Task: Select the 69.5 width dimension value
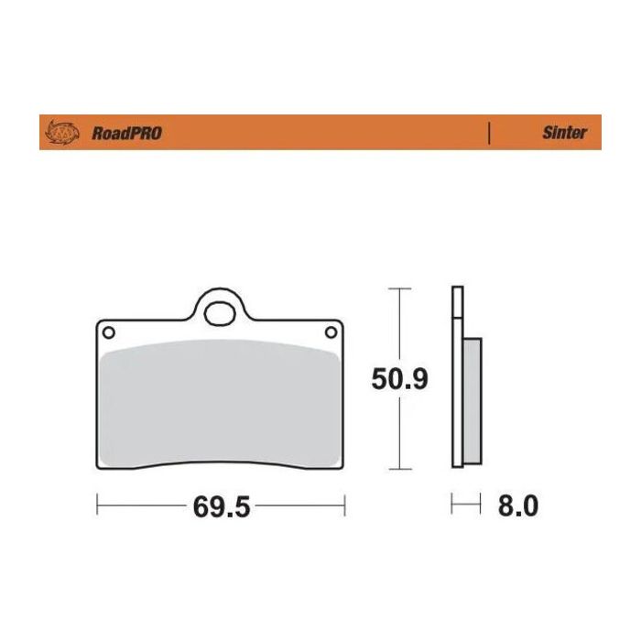coord(221,506)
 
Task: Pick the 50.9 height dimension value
coord(399,378)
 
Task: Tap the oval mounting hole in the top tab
coord(220,313)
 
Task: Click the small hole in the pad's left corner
coord(108,331)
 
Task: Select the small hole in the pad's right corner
coord(331,331)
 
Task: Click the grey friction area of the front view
coord(220,403)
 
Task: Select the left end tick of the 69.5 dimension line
coord(97,504)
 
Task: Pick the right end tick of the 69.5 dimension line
coord(344,504)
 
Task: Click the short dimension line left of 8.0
coord(465,504)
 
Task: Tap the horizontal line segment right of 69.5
coord(298,504)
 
